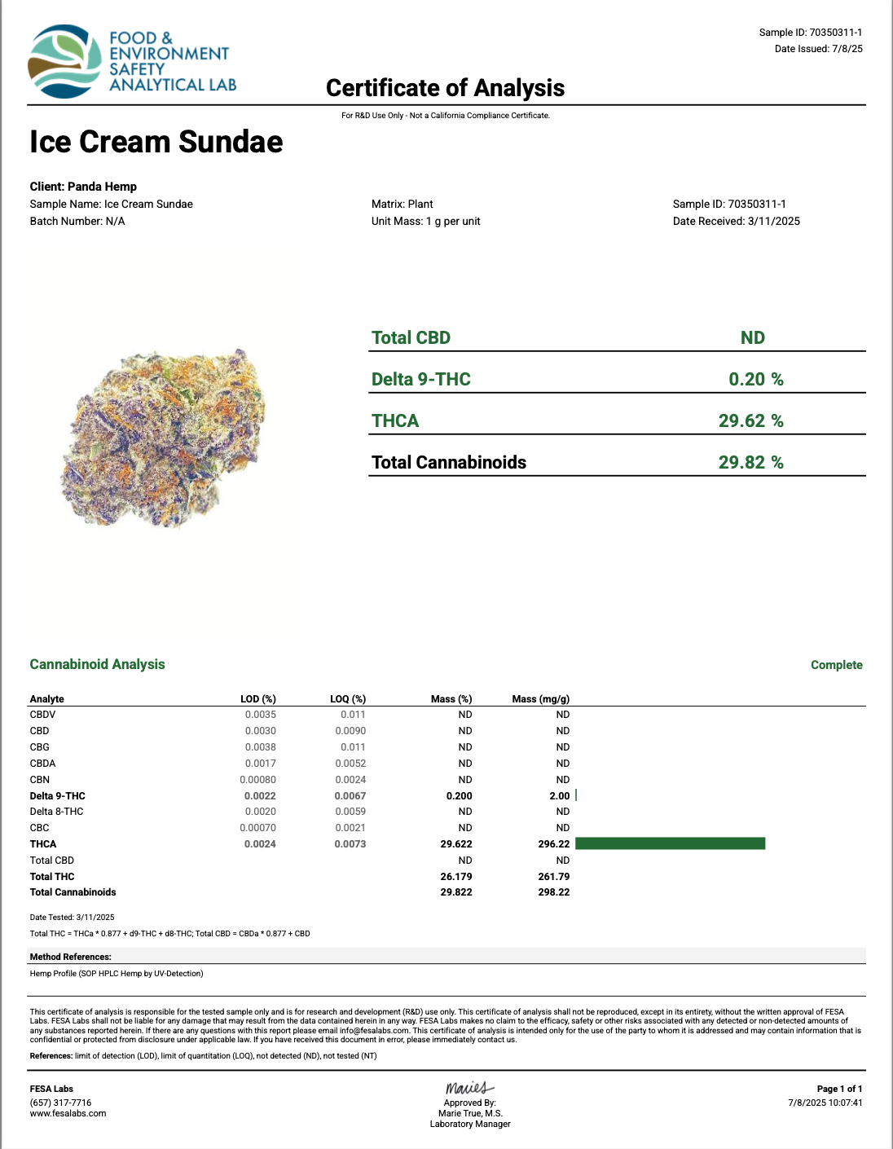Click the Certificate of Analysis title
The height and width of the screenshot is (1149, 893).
tap(445, 88)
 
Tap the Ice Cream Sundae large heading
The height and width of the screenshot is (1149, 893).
tap(156, 142)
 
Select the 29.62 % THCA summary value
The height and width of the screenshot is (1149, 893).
tap(750, 420)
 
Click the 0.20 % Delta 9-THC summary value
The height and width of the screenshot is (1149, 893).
tap(755, 379)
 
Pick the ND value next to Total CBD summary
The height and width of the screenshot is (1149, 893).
tap(752, 337)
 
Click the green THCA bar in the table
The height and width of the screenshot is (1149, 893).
tap(670, 843)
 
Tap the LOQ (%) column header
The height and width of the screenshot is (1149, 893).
tap(348, 699)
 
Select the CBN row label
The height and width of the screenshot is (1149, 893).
tap(40, 779)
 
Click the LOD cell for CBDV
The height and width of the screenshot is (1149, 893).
tap(261, 715)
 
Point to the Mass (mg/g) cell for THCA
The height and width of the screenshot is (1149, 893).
tap(553, 844)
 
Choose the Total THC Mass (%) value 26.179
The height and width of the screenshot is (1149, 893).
tap(456, 877)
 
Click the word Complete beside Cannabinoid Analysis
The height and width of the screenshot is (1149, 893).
tap(836, 665)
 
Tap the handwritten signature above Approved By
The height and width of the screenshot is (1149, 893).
tap(469, 1088)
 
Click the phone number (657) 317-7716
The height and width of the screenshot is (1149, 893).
tap(60, 1103)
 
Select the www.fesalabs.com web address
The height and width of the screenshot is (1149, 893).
tap(68, 1113)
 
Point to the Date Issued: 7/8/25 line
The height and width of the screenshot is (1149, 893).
tap(818, 49)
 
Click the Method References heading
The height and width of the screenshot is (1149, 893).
tap(71, 957)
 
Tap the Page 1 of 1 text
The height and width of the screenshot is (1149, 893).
tap(839, 1089)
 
